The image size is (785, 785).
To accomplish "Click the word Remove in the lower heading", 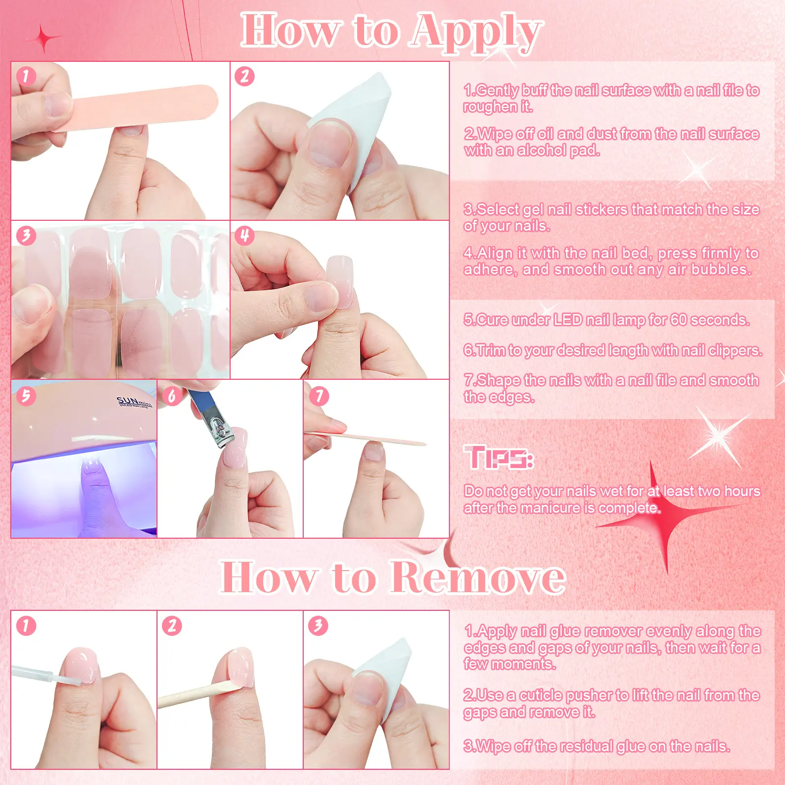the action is (x=478, y=577).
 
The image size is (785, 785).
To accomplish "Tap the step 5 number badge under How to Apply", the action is (x=26, y=395).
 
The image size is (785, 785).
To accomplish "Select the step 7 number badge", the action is (x=319, y=395).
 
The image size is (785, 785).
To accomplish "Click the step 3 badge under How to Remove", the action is (x=318, y=626).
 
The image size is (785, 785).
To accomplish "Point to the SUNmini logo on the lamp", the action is (x=134, y=402).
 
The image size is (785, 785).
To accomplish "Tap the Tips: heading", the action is (x=498, y=457).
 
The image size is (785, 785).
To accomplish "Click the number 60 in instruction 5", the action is (x=679, y=320).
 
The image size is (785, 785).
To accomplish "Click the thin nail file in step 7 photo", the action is (x=366, y=439).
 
